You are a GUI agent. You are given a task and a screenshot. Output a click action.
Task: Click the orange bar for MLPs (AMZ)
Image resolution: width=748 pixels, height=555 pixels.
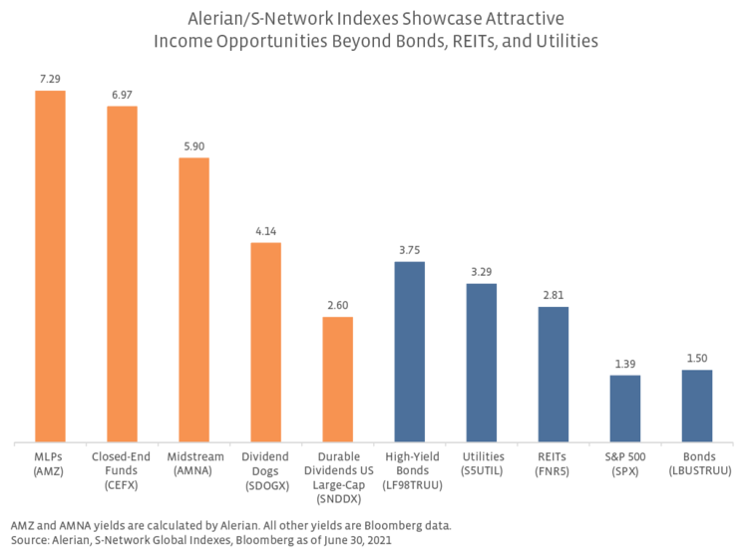coord(50,266)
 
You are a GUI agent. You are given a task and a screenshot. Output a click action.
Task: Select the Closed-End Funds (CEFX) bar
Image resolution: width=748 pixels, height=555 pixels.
coord(122,274)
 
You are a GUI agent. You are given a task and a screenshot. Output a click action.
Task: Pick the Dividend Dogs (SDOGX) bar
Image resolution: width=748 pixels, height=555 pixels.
coord(265,342)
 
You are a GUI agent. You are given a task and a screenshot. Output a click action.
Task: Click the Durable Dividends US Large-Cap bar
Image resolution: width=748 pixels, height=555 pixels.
coord(337,379)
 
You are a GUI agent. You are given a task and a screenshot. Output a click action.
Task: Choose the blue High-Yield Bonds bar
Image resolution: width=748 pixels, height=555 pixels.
coord(409,352)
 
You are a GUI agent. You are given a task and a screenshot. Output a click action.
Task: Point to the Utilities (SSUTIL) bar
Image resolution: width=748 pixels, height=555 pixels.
coord(481,363)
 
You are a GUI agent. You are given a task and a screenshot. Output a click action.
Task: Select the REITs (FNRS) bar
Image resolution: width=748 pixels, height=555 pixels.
coord(554,374)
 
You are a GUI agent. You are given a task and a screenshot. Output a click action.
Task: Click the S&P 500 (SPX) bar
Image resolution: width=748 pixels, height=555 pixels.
coord(625,408)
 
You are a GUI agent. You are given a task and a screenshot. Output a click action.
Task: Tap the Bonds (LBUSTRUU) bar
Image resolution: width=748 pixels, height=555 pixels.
coord(697,406)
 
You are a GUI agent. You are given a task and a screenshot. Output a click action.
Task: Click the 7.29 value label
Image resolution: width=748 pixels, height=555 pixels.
coord(50,77)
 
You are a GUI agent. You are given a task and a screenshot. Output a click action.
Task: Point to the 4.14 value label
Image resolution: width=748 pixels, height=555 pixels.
coord(265,230)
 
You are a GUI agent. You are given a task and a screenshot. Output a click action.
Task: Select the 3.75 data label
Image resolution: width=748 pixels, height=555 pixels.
coord(409,249)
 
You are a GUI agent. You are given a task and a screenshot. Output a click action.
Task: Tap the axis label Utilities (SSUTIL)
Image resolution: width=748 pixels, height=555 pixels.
coord(481,462)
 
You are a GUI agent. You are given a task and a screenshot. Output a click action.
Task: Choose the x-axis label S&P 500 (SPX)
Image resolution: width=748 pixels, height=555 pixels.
coord(625,462)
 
